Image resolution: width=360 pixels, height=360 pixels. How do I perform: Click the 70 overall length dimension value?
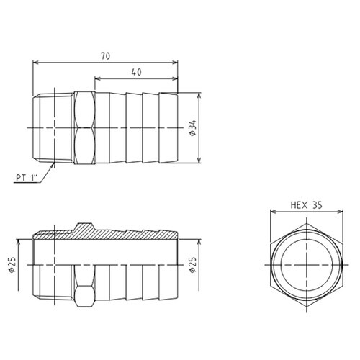pyautogui.click(x=105, y=56)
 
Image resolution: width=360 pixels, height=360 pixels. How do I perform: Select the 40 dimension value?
pyautogui.click(x=136, y=72)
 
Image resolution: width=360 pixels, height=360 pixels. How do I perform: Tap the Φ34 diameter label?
pyautogui.click(x=193, y=128)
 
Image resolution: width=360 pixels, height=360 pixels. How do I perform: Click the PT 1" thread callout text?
pyautogui.click(x=27, y=178)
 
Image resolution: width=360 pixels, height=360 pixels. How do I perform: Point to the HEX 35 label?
pyautogui.click(x=307, y=205)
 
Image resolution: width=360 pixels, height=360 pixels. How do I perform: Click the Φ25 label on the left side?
pyautogui.click(x=12, y=265)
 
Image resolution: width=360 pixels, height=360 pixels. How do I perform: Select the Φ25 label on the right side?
pyautogui.click(x=193, y=265)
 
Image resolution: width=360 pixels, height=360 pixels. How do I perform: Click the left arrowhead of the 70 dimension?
pyautogui.click(x=35, y=63)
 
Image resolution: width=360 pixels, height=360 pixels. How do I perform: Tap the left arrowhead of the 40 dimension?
pyautogui.click(x=98, y=78)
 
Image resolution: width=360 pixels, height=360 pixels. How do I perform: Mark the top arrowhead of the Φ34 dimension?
pyautogui.click(x=199, y=96)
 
